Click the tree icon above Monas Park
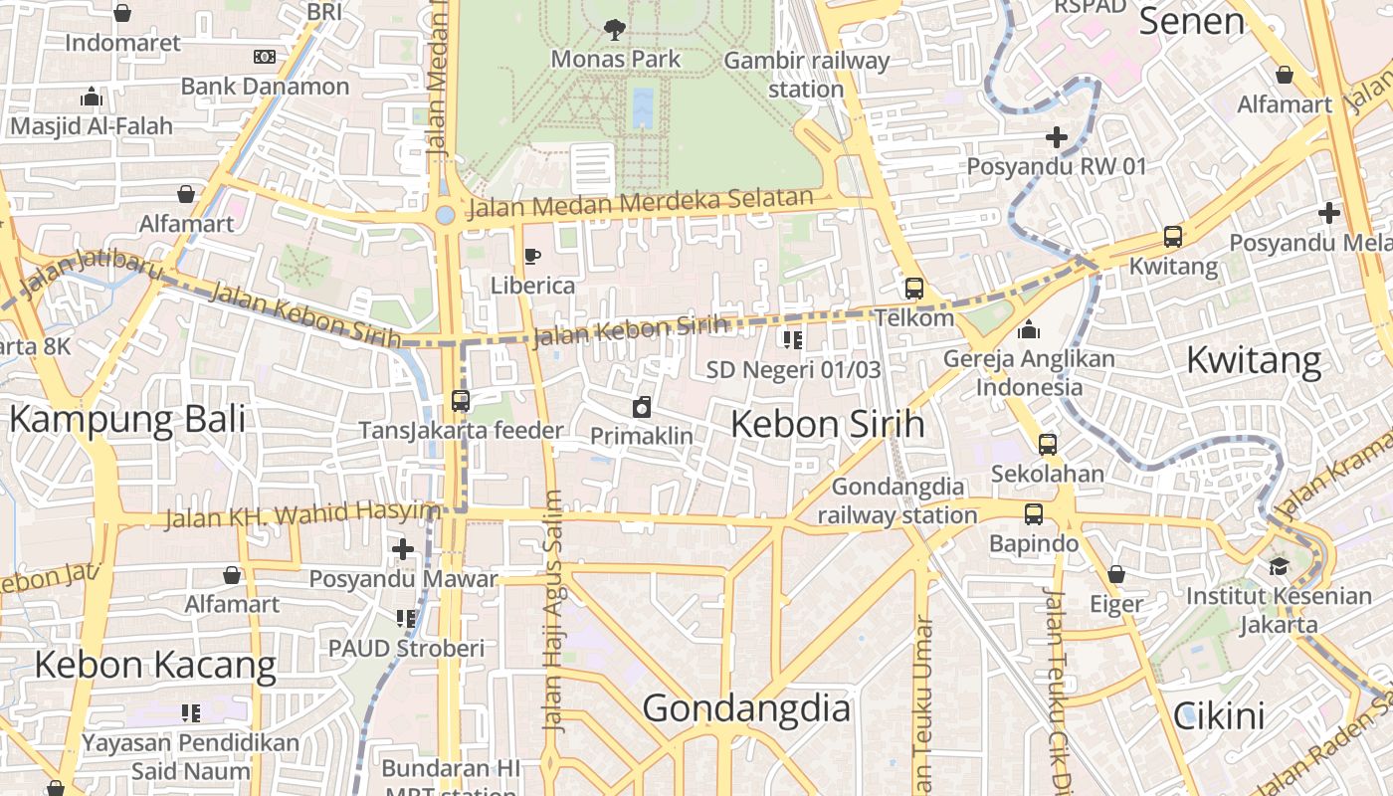click(x=615, y=29)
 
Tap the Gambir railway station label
click(x=806, y=75)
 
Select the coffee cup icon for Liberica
click(x=532, y=257)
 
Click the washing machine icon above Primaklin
click(x=642, y=407)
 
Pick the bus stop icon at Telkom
click(x=913, y=289)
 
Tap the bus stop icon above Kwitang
click(x=1173, y=237)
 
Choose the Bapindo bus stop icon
click(x=1034, y=514)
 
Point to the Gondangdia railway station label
click(x=897, y=500)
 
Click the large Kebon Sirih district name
click(x=827, y=424)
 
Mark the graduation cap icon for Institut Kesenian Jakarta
click(x=1279, y=566)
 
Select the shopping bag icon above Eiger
click(x=1115, y=574)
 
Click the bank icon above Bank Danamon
click(x=265, y=57)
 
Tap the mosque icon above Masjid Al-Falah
click(x=92, y=97)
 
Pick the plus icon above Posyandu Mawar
click(x=403, y=549)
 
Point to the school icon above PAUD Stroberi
click(x=406, y=619)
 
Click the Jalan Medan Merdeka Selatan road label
click(x=641, y=204)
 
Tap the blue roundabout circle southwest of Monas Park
click(x=445, y=214)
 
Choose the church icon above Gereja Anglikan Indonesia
click(x=1029, y=328)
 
